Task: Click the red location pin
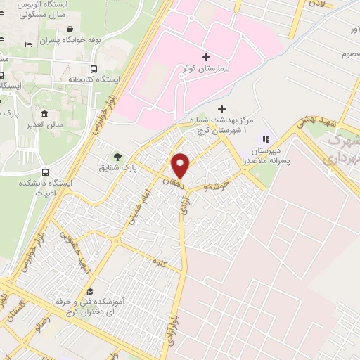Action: pyautogui.click(x=181, y=166)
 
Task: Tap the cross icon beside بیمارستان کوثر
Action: pyautogui.click(x=206, y=57)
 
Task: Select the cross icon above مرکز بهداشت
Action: pyautogui.click(x=222, y=109)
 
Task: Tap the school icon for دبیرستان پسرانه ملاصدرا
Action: pyautogui.click(x=265, y=139)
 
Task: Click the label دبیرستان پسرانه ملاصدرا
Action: pyautogui.click(x=265, y=155)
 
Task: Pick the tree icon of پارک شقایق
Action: pyautogui.click(x=117, y=156)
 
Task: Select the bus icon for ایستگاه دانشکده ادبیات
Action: pyautogui.click(x=46, y=171)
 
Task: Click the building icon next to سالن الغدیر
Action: pyautogui.click(x=45, y=115)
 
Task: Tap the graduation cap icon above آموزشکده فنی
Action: pyautogui.click(x=89, y=291)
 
